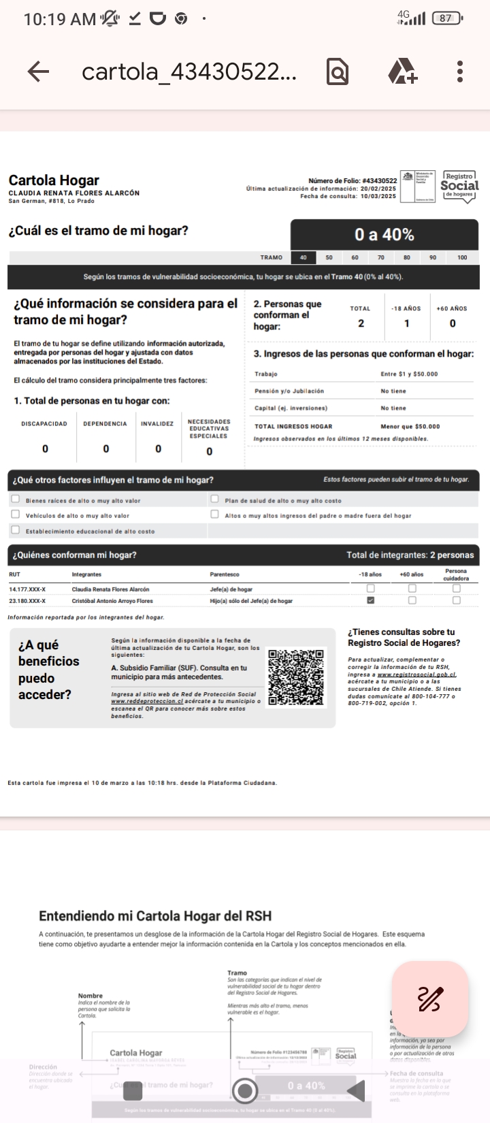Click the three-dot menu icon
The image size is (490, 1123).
click(460, 71)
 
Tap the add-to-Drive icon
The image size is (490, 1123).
click(402, 71)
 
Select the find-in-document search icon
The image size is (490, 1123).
click(338, 71)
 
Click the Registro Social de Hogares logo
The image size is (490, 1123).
click(459, 185)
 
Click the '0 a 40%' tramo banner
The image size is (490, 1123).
click(384, 235)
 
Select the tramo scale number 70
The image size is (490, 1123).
click(381, 258)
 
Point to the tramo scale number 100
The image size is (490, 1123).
click(462, 258)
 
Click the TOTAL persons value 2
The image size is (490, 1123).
click(361, 323)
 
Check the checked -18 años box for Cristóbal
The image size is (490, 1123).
click(371, 600)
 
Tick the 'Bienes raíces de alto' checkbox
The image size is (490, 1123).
click(16, 500)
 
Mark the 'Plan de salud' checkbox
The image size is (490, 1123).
click(215, 500)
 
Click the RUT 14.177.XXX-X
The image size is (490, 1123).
click(27, 589)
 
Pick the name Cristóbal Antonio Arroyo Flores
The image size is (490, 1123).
click(112, 601)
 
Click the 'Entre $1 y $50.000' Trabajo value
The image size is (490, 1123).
click(409, 374)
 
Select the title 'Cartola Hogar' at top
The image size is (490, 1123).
click(54, 180)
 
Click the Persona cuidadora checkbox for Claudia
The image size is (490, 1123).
click(456, 589)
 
